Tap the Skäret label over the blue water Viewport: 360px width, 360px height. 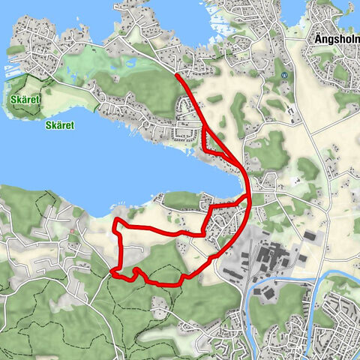(x=59, y=125)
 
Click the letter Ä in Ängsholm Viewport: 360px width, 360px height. (x=315, y=37)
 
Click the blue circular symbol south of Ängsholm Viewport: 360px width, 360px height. (x=284, y=75)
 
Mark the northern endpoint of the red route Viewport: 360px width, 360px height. (x=175, y=75)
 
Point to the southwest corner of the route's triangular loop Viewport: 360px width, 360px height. (x=205, y=151)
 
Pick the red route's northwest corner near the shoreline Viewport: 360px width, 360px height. (x=114, y=223)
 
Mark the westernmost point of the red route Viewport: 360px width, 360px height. (x=111, y=271)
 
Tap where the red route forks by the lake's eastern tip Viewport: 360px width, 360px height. (x=248, y=196)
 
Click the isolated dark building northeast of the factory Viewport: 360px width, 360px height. (x=309, y=235)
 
